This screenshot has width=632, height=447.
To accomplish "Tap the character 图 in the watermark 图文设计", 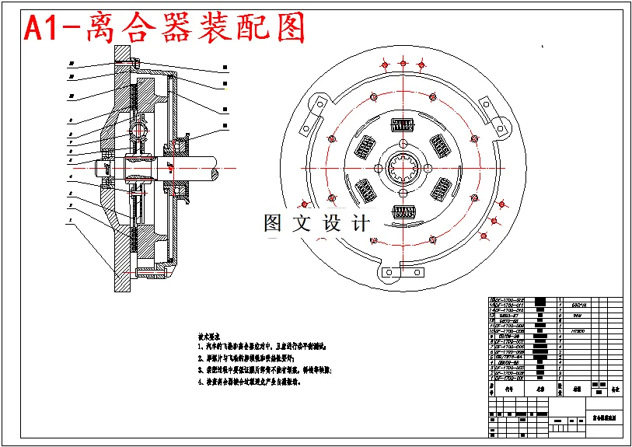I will (x=273, y=224).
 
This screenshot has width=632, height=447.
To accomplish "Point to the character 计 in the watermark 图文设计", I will (x=360, y=224).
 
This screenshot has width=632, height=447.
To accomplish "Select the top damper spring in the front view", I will (x=403, y=124).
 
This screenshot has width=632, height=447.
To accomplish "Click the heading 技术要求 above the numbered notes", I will (x=211, y=330).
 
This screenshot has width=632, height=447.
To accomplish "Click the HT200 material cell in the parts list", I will (x=577, y=331).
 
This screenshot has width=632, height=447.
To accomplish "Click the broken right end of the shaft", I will (x=238, y=168).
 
